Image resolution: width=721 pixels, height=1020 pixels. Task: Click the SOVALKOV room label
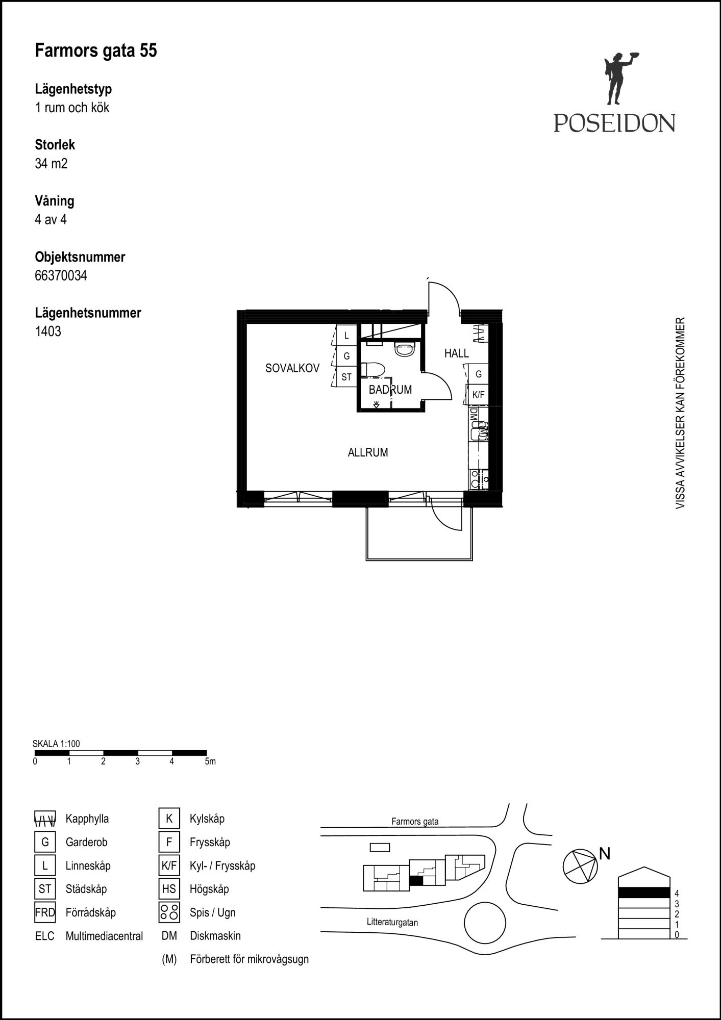292,368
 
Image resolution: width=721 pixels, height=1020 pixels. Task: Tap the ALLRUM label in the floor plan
368,452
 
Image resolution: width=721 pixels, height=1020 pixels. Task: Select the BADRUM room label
390,390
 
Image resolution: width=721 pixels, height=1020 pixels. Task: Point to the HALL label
457,353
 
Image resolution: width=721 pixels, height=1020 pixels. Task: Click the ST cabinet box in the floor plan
346,377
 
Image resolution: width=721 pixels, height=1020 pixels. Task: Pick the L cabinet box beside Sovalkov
346,336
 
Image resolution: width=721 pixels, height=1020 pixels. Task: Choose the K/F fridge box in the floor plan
479,395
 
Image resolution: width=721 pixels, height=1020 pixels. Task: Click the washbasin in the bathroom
405,349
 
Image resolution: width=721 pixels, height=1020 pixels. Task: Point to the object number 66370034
61,276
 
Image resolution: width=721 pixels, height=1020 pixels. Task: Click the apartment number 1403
48,331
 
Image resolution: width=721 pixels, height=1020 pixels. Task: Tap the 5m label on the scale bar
210,762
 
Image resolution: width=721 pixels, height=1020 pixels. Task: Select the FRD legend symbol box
45,912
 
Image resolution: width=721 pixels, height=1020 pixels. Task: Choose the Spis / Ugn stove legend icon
169,912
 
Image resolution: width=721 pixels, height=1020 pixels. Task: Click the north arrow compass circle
580,866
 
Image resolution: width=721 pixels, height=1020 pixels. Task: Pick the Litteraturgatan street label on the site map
392,922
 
